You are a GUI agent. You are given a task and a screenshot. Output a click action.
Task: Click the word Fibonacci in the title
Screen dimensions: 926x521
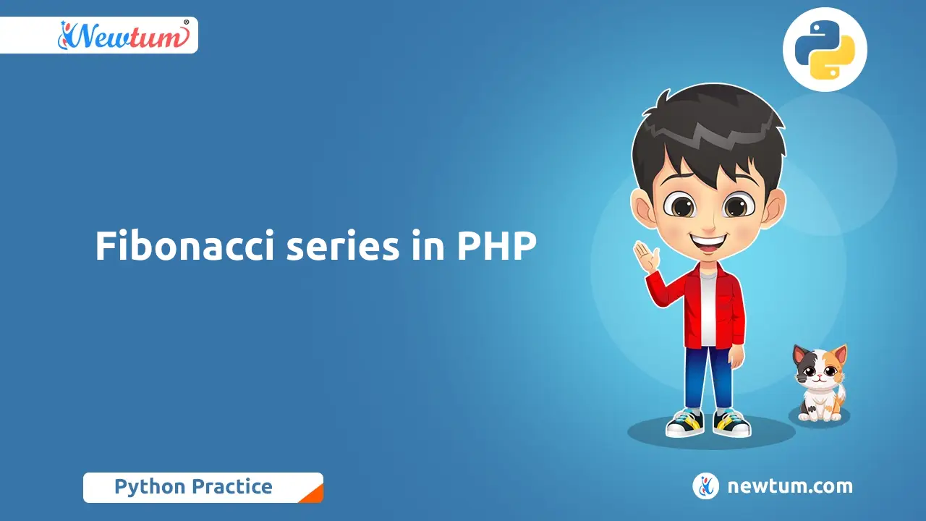point(184,245)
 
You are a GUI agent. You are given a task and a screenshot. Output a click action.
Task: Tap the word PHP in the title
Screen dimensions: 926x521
point(496,246)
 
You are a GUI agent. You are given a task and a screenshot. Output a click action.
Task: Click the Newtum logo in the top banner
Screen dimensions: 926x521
point(124,35)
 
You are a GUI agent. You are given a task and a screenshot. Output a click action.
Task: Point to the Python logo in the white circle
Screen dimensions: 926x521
point(825,50)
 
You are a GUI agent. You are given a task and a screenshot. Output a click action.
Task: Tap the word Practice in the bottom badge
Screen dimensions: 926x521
point(232,486)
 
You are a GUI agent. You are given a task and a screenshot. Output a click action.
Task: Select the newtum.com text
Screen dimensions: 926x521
point(790,486)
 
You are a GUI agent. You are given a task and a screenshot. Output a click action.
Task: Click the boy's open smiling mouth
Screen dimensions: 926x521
point(708,243)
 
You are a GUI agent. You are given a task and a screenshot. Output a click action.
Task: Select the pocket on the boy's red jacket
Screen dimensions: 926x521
point(727,306)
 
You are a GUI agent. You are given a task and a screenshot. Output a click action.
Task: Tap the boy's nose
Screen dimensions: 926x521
point(708,225)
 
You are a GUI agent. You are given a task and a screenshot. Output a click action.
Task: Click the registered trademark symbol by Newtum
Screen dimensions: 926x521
point(186,22)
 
